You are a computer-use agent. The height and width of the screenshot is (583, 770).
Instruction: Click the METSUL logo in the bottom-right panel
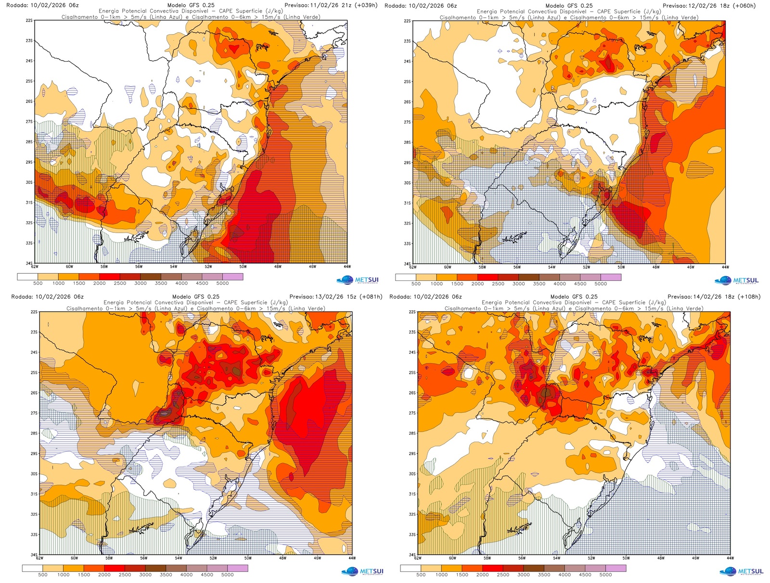(x=741, y=571)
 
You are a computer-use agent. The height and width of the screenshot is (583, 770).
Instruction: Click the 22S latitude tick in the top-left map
(x=30, y=21)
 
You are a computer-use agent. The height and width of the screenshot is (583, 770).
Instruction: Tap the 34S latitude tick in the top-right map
(x=408, y=264)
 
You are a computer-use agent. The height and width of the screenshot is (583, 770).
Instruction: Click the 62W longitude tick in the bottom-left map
(x=39, y=558)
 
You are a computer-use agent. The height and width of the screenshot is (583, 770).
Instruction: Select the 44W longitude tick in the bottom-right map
(x=730, y=558)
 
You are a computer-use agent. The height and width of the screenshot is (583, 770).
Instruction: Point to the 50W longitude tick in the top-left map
(x=243, y=266)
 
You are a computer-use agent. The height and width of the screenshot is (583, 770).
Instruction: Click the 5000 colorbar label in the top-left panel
(x=222, y=283)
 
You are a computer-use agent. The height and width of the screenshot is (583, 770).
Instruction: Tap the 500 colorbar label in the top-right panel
(x=416, y=284)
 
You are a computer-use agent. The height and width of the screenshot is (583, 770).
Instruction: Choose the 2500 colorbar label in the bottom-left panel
(x=125, y=574)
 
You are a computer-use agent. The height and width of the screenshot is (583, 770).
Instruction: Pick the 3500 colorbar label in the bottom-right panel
(x=544, y=574)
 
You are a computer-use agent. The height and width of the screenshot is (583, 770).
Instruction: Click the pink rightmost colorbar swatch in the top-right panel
(x=611, y=278)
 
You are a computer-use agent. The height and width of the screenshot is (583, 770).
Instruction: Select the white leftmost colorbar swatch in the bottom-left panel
(x=32, y=568)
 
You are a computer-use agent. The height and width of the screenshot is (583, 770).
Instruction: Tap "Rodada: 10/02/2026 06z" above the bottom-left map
(x=47, y=297)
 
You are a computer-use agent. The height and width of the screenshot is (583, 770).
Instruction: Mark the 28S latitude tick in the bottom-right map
(x=412, y=433)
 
